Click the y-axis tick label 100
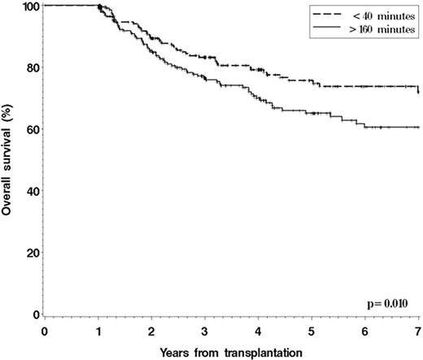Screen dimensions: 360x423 (x=28, y=7)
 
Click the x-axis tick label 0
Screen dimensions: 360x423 (x=46, y=332)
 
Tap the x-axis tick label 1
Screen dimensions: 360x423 (x=98, y=332)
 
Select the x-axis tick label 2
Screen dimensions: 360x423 (x=152, y=332)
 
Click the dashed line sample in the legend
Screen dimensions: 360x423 (x=329, y=15)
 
